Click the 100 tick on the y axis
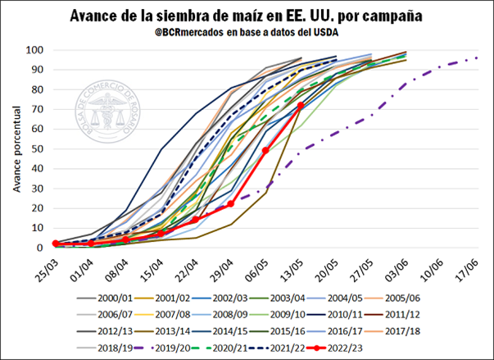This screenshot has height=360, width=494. tap(34, 50)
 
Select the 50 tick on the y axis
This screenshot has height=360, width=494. tap(36, 148)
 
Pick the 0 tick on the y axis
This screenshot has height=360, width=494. tap(39, 248)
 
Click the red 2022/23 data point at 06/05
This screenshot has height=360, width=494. tap(265, 151)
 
